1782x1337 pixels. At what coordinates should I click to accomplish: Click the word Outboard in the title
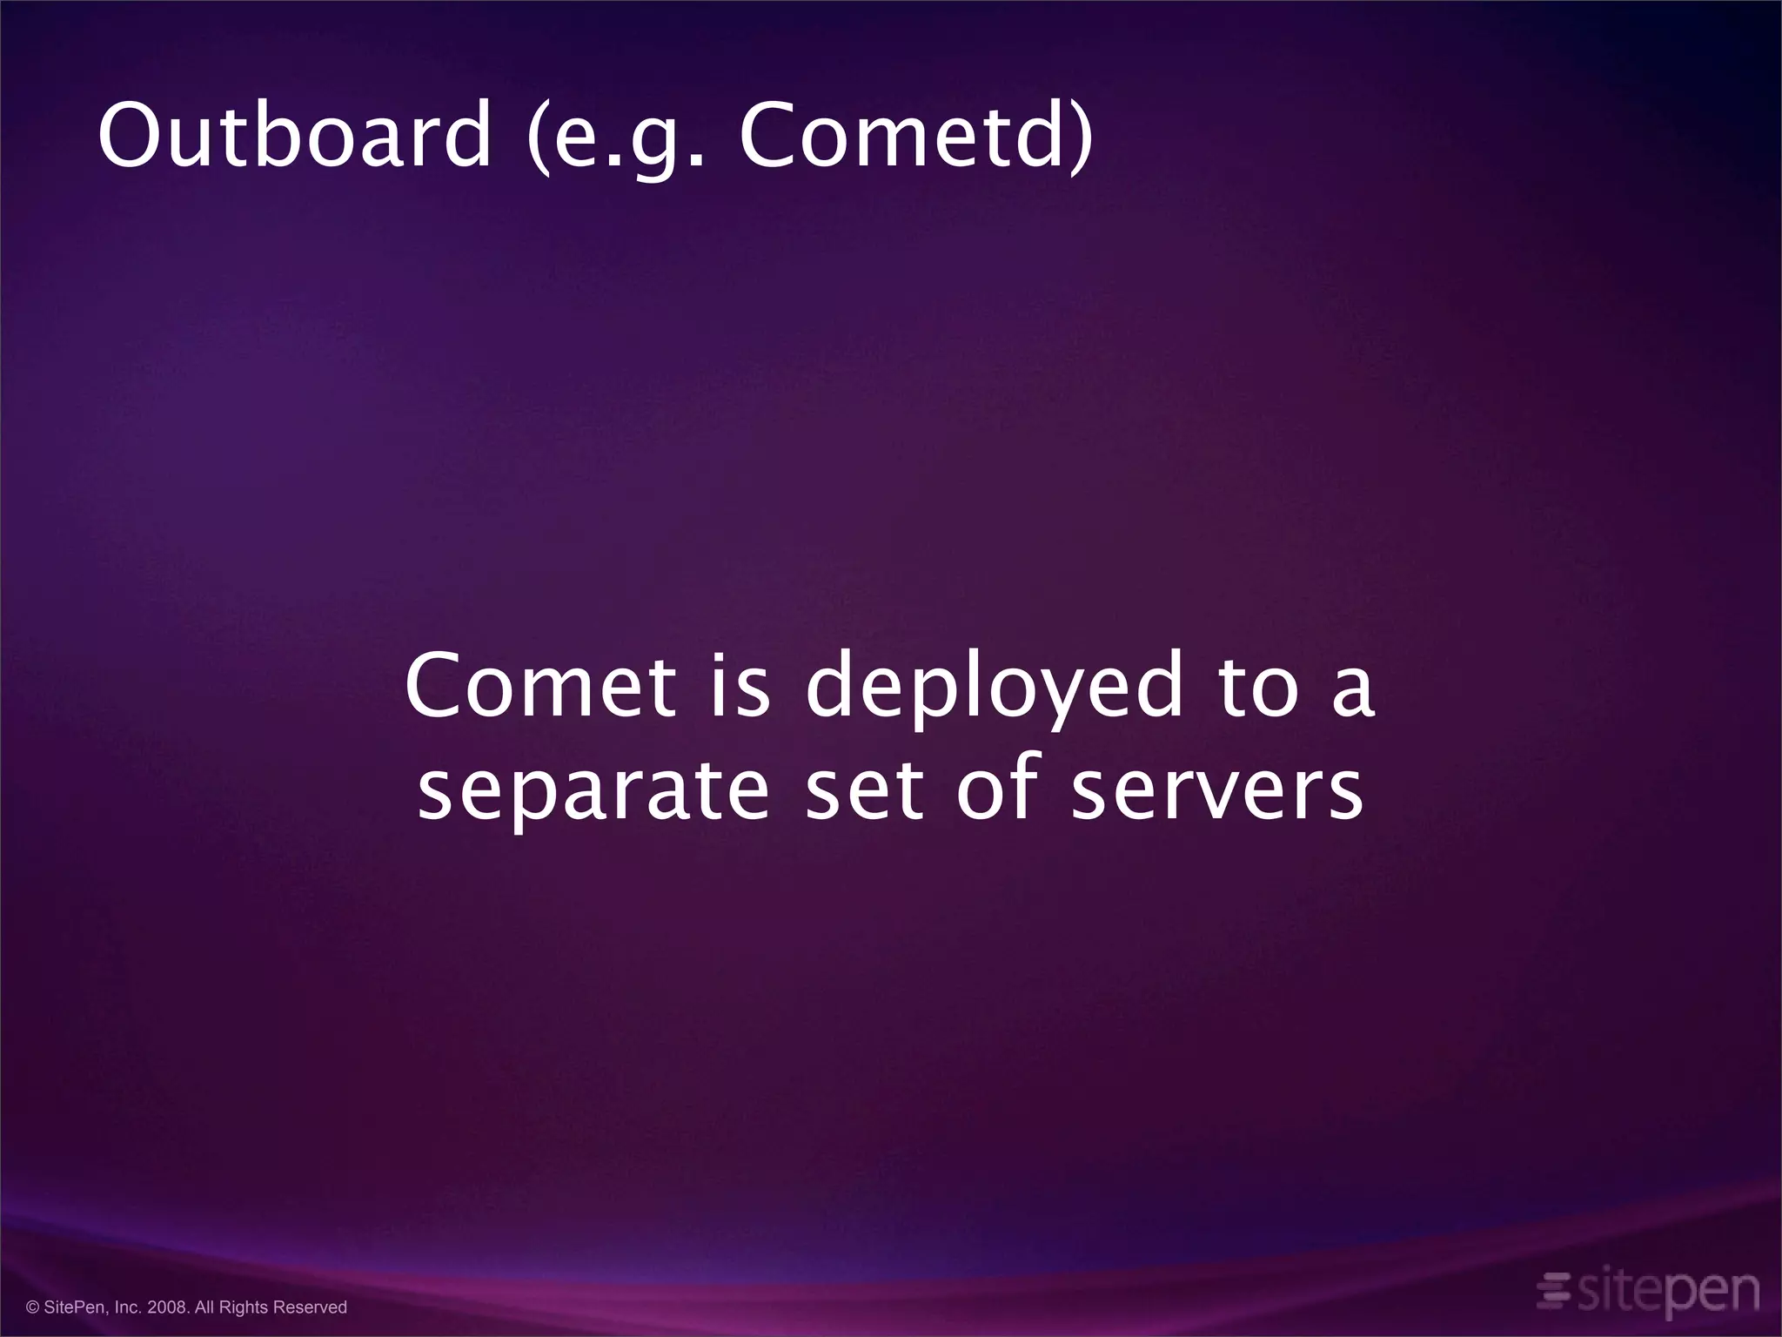pos(294,137)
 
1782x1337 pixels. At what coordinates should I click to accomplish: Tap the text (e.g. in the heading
pos(614,137)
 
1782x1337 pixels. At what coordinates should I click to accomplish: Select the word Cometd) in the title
pos(915,137)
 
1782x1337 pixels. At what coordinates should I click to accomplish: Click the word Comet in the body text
pos(539,686)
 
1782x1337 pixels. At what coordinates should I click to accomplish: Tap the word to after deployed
pos(1258,688)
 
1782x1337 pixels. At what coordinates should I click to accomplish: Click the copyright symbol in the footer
pos(33,1307)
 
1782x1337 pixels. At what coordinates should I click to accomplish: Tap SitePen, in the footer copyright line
pos(77,1307)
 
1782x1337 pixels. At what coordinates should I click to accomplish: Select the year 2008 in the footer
pos(168,1307)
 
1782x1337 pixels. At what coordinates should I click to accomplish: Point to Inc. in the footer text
pos(129,1307)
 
